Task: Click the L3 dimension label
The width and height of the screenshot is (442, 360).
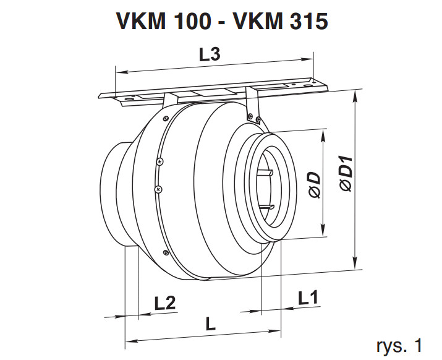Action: (210, 55)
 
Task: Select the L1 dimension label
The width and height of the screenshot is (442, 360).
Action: (308, 298)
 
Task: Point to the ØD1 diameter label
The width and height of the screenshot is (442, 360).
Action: (346, 176)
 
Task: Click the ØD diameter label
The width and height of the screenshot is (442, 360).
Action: (315, 185)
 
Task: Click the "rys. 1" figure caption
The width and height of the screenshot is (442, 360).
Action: (401, 345)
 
